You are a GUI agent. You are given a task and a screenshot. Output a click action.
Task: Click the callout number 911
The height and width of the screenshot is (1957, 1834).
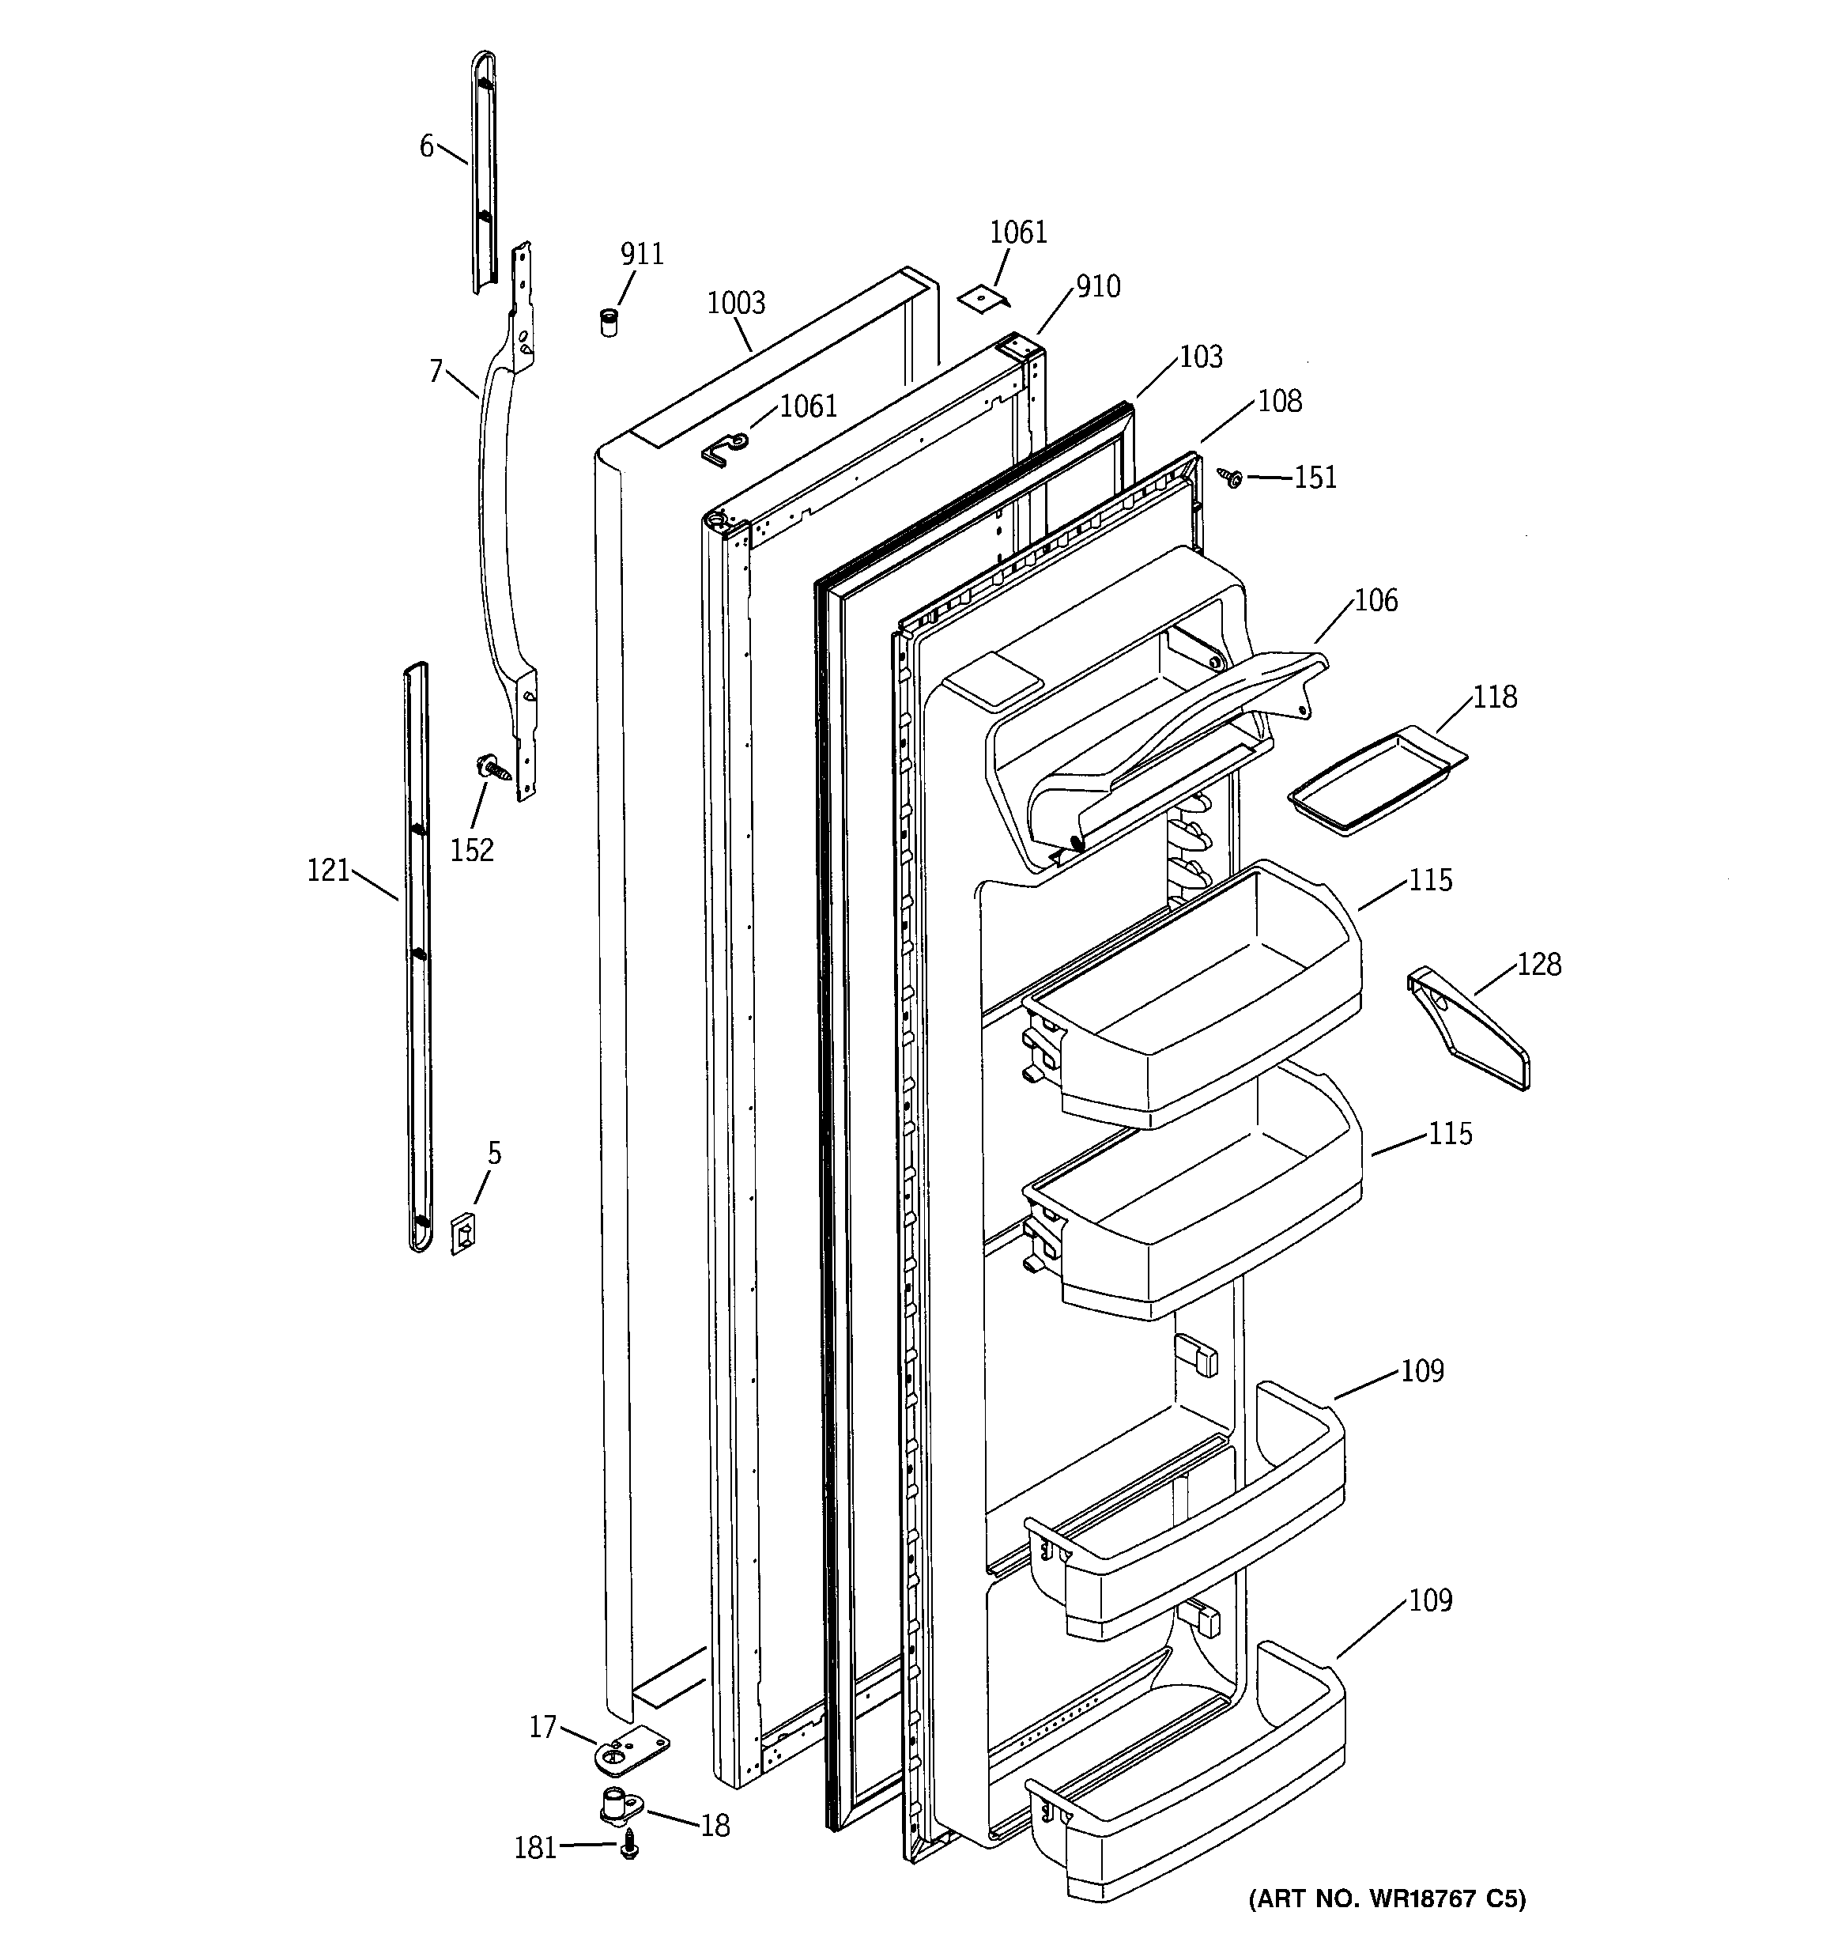click(x=642, y=254)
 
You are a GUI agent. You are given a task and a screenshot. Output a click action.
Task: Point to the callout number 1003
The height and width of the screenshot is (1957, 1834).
click(x=735, y=303)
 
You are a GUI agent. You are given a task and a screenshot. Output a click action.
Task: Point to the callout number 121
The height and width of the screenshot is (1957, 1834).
click(x=328, y=871)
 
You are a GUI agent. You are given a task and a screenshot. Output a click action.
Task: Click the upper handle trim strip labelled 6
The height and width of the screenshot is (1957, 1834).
click(x=482, y=172)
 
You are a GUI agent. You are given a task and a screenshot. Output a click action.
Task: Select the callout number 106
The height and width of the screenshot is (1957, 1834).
click(x=1375, y=599)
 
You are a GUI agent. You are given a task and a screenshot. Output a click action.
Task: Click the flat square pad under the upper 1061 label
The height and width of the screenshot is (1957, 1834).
click(x=987, y=298)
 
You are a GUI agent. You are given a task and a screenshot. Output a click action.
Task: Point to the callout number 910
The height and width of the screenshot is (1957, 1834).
click(x=1098, y=286)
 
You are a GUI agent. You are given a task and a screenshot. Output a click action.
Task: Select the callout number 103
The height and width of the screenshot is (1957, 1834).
click(x=1201, y=357)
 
